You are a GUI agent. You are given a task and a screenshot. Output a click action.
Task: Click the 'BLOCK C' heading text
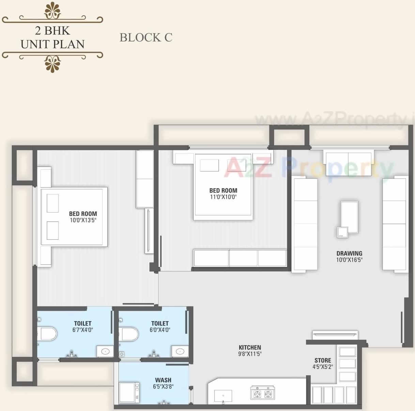[146, 37]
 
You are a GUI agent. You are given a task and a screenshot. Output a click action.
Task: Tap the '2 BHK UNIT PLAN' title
[52, 37]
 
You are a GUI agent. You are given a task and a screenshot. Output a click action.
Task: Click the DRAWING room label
[349, 253]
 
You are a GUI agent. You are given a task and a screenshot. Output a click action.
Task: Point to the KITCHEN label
[250, 347]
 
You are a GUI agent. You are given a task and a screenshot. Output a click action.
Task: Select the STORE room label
[323, 360]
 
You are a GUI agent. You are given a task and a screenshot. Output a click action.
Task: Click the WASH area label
[163, 380]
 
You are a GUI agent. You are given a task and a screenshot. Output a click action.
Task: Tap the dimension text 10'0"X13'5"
[83, 220]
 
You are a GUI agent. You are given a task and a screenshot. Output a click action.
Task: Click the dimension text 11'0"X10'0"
[223, 197]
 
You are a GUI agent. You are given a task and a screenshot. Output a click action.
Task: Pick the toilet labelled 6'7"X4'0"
[82, 326]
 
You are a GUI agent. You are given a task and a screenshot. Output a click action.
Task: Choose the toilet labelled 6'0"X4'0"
[160, 326]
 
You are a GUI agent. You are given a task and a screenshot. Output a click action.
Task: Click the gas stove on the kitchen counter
[263, 393]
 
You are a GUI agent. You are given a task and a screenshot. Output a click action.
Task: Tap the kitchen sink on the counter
[223, 396]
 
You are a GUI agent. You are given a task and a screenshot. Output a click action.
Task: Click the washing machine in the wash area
[129, 393]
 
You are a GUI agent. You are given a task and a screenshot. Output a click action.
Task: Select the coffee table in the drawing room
[349, 217]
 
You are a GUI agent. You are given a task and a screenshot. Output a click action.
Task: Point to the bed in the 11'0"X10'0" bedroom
[223, 186]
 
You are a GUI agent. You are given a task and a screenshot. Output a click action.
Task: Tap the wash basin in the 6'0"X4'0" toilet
[180, 351]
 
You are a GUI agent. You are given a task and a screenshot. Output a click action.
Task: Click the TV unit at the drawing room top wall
[348, 164]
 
